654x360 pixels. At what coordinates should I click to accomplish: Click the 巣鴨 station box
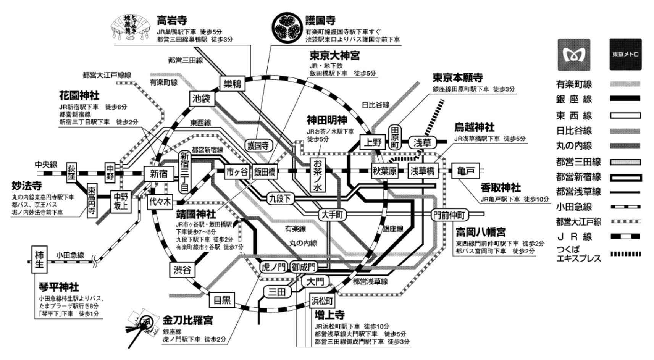(232, 84)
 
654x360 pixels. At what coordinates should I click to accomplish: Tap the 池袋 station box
(202, 99)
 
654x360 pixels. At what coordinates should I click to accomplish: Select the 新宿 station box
(158, 174)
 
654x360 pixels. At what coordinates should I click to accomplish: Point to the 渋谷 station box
(182, 270)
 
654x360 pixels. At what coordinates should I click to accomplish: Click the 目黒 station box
(222, 300)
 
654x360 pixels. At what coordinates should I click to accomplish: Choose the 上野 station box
(372, 143)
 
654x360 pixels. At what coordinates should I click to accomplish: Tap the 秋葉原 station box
(384, 171)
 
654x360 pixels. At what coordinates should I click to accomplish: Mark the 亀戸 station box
(465, 171)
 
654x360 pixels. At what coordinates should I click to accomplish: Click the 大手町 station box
(332, 215)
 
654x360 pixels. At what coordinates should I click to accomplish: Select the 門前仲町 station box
(450, 215)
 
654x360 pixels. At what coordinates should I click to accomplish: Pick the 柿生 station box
(39, 260)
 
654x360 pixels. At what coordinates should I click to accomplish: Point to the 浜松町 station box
(322, 301)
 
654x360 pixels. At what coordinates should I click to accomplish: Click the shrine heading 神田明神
(327, 120)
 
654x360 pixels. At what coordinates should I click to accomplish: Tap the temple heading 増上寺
(329, 315)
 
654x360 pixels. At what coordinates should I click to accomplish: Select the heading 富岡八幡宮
(481, 232)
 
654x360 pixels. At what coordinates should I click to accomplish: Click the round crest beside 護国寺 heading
(287, 27)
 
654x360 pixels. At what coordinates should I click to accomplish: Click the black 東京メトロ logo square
(625, 54)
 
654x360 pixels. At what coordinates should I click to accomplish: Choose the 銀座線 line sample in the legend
(625, 99)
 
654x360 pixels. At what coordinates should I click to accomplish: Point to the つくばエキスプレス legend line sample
(625, 254)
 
